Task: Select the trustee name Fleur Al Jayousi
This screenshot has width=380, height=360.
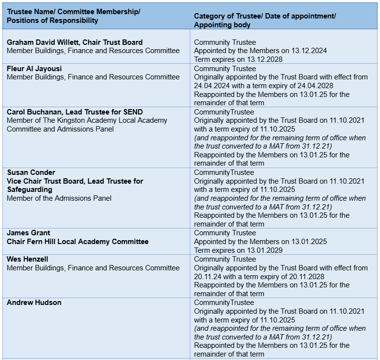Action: pos(34,69)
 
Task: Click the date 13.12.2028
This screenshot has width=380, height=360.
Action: pos(265,59)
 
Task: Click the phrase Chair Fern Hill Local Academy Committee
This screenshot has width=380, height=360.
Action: pos(77,242)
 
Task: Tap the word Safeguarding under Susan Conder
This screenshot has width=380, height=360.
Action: pos(29,189)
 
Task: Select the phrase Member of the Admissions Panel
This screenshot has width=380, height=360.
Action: pos(59,198)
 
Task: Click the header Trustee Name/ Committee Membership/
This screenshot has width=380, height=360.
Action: pos(73,12)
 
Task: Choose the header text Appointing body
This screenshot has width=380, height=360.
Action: pos(222,25)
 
